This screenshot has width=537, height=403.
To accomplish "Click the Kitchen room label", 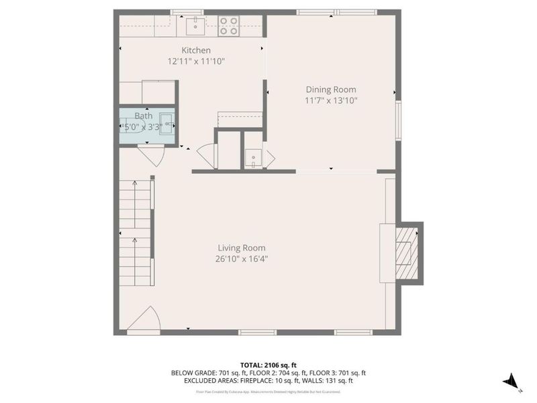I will coord(196,50).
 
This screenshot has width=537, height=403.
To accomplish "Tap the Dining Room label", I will coord(331,89).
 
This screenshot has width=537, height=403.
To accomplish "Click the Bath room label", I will coord(144,116).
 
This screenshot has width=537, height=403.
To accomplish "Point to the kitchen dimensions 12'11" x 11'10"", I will coord(196,61).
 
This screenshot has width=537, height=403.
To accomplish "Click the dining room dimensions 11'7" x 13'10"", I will coord(331,101).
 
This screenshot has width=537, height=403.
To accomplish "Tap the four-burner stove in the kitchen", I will coord(229,26).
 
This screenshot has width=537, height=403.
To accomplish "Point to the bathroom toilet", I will coord(130,126).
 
